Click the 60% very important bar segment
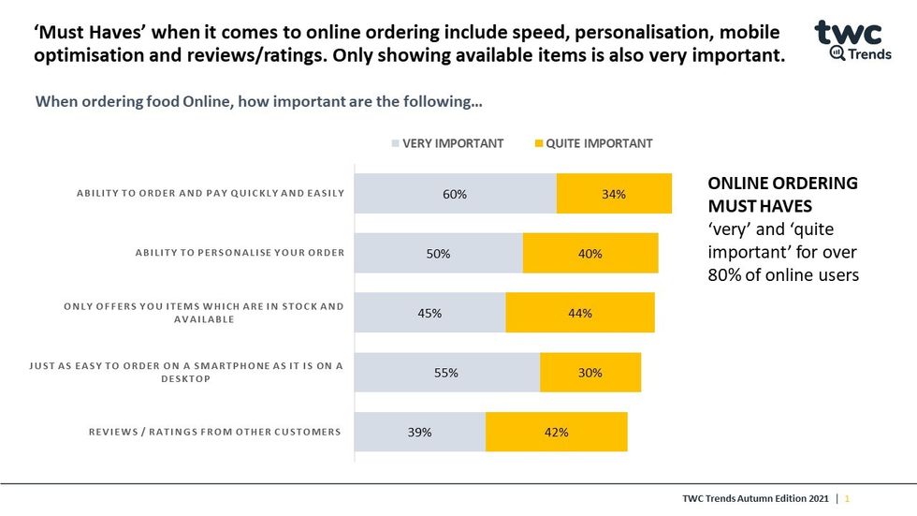coord(456,194)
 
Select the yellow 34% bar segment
coord(614,194)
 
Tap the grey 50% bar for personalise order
coord(439,254)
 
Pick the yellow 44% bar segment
coord(580,313)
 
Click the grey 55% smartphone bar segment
coord(447,373)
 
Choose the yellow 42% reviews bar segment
coord(556,432)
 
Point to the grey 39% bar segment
coord(420,432)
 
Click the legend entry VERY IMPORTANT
coord(446,143)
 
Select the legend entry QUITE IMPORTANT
coord(592,143)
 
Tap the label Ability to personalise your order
coord(240,253)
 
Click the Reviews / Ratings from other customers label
coord(214,432)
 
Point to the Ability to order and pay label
coord(211,194)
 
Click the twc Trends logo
coord(849,40)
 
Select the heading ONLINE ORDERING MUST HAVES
coord(782,194)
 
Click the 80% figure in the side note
coord(724,275)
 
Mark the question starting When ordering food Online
coord(258,100)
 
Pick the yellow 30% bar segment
coord(590,373)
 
